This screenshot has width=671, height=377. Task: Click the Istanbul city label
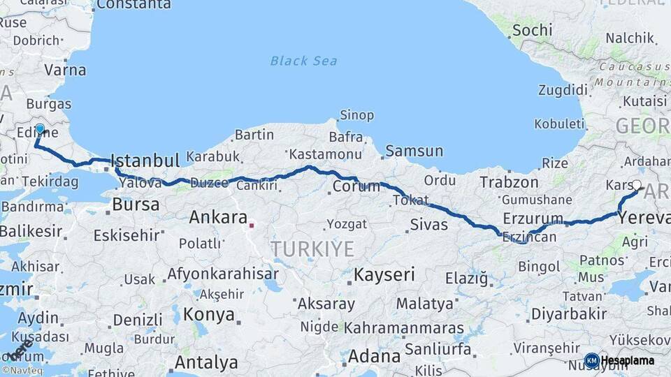point(145,161)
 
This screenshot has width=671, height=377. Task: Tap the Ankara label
point(218,217)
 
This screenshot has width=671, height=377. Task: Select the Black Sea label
point(303,61)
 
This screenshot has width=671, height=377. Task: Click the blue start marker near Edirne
point(40,129)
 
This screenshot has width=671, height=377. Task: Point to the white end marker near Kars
point(636,185)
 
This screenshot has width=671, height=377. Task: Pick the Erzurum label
point(533,219)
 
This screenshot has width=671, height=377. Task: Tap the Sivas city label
point(428,225)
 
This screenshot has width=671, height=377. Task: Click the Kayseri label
point(384,274)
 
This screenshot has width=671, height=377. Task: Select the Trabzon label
point(509,182)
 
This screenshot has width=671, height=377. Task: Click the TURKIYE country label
point(312,249)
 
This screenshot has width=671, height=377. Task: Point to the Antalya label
point(205,362)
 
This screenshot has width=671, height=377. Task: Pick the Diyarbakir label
point(568,313)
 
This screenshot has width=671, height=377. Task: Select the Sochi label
point(532,30)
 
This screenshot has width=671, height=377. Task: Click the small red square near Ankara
point(252,226)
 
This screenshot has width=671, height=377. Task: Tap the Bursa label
point(136,205)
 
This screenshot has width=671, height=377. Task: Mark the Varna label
point(65,70)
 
